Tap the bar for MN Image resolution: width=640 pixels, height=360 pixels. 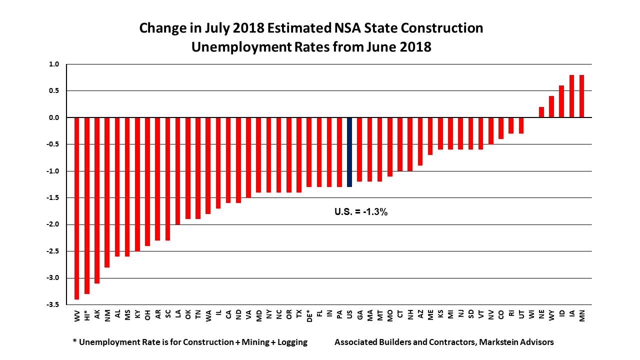coord(582,96)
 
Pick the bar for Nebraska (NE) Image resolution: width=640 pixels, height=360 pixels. coord(541,112)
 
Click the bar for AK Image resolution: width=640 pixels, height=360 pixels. coord(97,200)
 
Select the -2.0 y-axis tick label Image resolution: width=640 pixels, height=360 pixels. coord(53,224)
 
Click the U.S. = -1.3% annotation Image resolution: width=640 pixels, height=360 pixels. coord(361,212)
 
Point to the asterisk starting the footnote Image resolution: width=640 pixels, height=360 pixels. coord(75,341)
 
